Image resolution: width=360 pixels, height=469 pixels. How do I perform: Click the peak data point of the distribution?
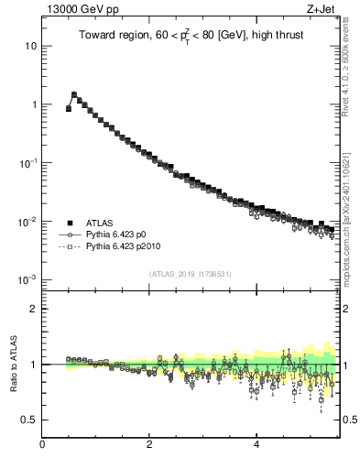pos(74,94)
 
